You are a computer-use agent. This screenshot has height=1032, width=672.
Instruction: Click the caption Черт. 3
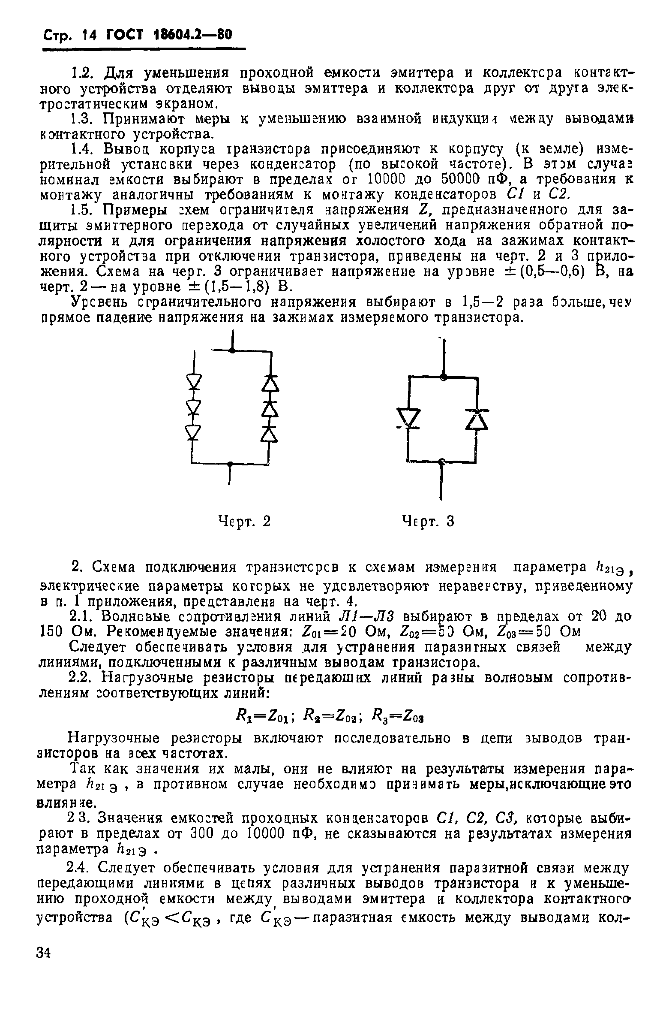pyautogui.click(x=428, y=521)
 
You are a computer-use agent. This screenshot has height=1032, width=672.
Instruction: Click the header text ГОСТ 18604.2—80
pyautogui.click(x=169, y=35)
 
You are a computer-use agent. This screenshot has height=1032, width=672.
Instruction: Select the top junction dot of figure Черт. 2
pyautogui.click(x=233, y=351)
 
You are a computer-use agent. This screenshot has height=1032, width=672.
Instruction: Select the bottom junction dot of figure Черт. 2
pyautogui.click(x=230, y=464)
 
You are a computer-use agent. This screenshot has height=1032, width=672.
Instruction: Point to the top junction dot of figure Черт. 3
pyautogui.click(x=443, y=377)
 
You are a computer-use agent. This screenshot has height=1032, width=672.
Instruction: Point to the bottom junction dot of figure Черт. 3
pyautogui.click(x=441, y=461)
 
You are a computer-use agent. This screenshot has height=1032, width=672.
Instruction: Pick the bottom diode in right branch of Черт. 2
pyautogui.click(x=270, y=434)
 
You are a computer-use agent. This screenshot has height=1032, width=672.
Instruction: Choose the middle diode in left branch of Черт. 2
pyautogui.click(x=195, y=407)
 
